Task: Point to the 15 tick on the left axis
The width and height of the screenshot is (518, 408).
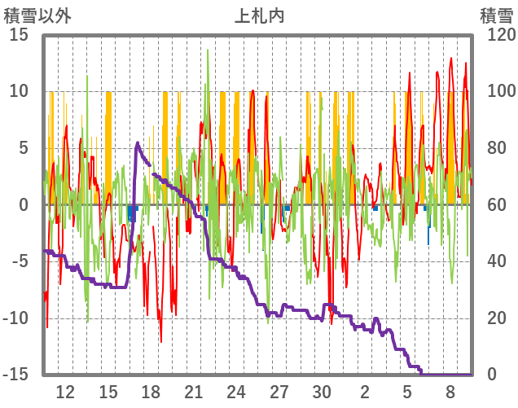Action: coord(20,35)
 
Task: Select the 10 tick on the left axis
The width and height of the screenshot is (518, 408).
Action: coord(20,91)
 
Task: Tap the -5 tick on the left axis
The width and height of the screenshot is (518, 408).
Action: coord(20,261)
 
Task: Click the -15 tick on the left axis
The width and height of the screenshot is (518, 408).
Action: coord(17,375)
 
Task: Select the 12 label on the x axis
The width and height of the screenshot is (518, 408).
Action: coord(65,392)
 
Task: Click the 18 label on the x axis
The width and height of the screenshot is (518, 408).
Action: coord(151,392)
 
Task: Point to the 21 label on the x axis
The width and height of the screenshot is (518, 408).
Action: coord(194,392)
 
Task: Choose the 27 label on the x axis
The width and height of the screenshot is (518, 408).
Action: coord(279,392)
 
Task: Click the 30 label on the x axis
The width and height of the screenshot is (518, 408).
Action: coord(323,392)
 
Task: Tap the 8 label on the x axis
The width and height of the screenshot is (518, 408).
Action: coord(450,392)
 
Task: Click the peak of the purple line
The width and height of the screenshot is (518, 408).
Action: coord(137,143)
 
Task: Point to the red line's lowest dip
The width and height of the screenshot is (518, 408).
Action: coord(160,342)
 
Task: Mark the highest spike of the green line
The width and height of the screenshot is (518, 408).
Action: coord(208,50)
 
